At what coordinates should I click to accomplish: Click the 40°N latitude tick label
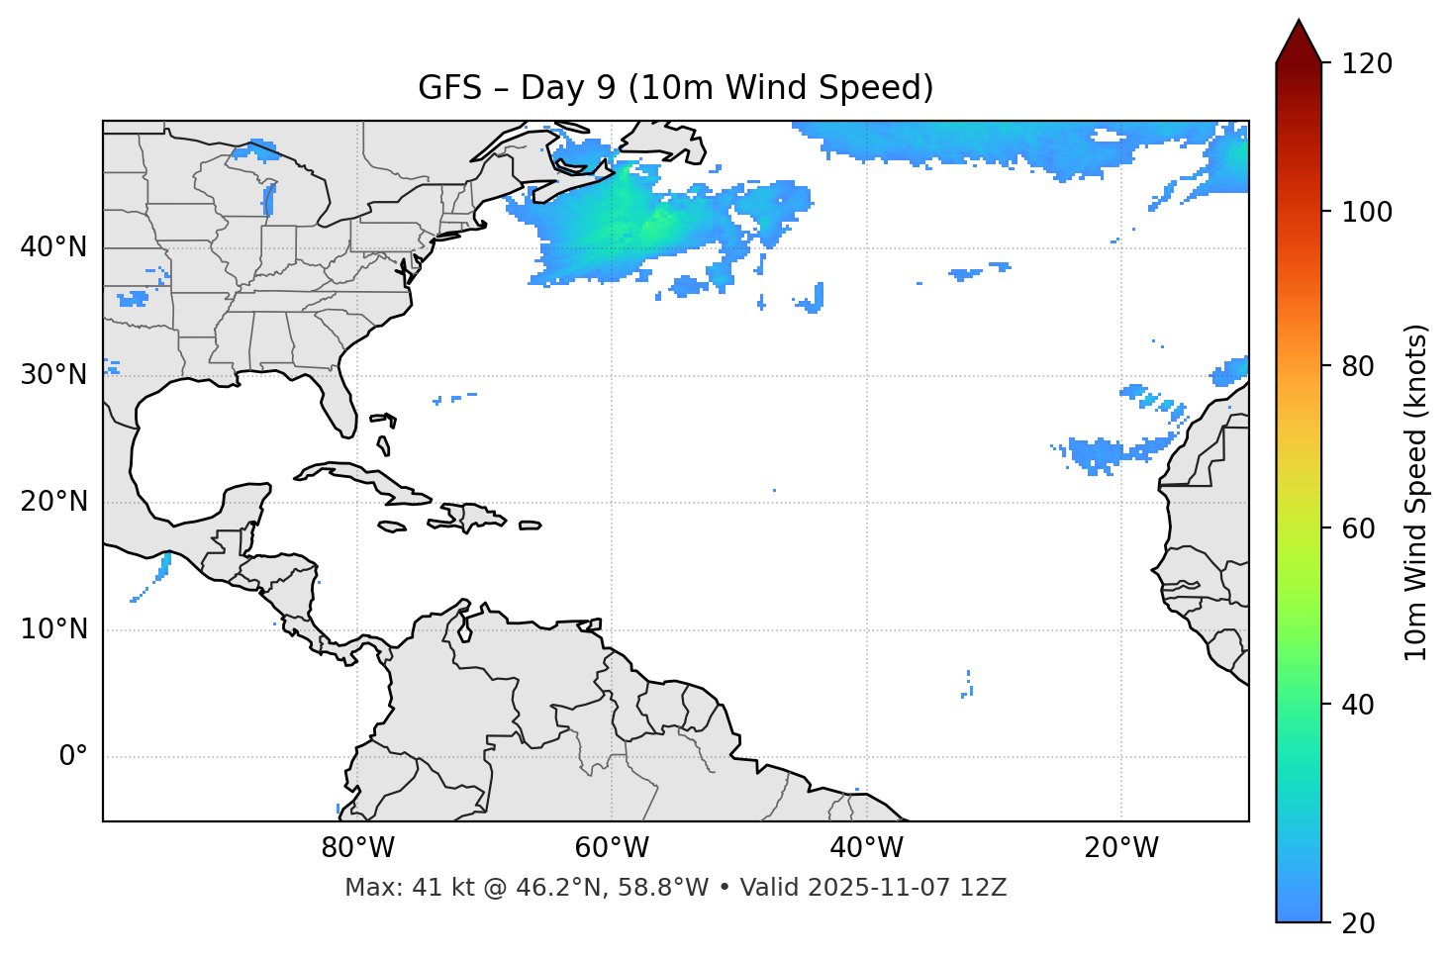53,247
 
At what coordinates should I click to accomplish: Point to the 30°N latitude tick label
53,375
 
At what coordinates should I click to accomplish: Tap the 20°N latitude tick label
53,502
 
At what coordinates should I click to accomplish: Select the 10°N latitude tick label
53,629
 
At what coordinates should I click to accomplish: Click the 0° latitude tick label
73,757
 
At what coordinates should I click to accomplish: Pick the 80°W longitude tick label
357,848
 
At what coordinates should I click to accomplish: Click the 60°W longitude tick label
612,848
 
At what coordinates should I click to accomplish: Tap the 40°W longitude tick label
866,848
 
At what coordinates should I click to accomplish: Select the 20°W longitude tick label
1121,848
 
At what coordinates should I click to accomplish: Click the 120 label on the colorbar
1367,64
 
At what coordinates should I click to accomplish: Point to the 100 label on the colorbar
1367,212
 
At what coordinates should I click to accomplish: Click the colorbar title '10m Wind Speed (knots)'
1416,492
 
